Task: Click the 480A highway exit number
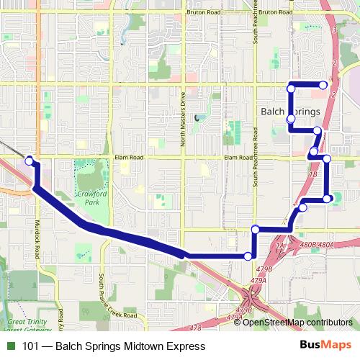(326, 244)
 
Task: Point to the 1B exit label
(312, 174)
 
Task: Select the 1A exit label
(281, 246)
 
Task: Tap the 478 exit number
(196, 328)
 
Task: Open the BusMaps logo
(325, 346)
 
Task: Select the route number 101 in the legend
(30, 346)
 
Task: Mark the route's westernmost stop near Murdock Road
(30, 161)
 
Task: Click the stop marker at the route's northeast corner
(324, 85)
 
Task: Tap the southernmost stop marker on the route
(248, 256)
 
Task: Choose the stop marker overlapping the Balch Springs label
(291, 118)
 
